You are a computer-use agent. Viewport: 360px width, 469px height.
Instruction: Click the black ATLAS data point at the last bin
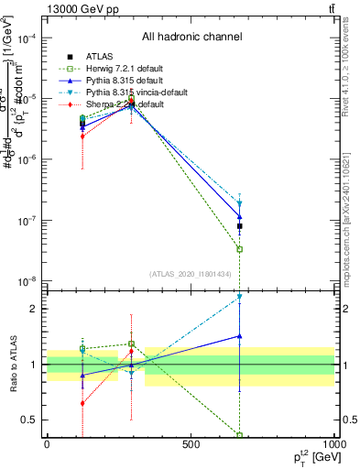[x=239, y=225]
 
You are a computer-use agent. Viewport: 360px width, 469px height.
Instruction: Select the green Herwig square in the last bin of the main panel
[x=239, y=249]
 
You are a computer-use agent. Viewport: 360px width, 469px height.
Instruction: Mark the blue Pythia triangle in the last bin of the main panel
[x=239, y=217]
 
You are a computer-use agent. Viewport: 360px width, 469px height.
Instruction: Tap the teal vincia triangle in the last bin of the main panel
[x=239, y=204]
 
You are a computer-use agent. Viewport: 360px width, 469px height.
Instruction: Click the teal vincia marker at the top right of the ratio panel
[x=239, y=297]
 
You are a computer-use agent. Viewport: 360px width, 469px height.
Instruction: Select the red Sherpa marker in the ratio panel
[x=82, y=403]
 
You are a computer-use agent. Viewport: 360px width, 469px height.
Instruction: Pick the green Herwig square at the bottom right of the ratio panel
[x=239, y=435]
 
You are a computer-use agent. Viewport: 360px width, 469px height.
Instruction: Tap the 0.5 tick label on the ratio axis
[x=29, y=420]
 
